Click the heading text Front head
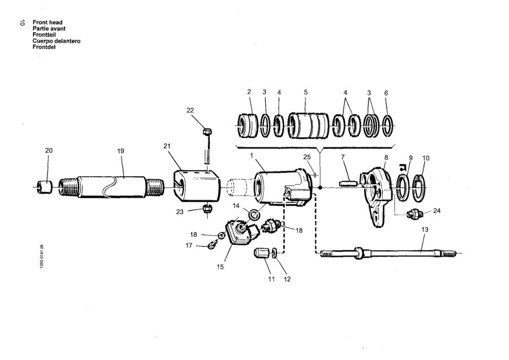pyautogui.click(x=48, y=23)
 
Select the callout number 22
pyautogui.click(x=190, y=110)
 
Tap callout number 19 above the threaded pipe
pyautogui.click(x=121, y=151)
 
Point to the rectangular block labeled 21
pyautogui.click(x=197, y=185)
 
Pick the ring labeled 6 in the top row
pyautogui.click(x=387, y=125)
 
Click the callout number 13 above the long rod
pyautogui.click(x=425, y=229)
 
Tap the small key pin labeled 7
pyautogui.click(x=348, y=184)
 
